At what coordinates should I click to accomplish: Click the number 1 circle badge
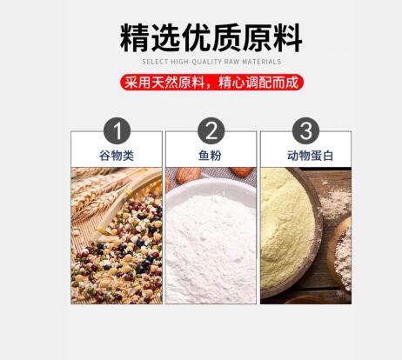coord(117,130)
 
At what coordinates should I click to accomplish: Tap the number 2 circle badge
coord(211,130)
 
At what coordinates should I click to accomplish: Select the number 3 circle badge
coord(305,130)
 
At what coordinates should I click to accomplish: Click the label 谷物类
coord(117,156)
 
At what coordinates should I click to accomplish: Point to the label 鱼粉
coord(210,156)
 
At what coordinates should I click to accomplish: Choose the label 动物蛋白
coord(310,156)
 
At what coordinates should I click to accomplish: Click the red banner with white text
coord(211,83)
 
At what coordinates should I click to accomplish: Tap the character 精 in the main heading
coord(135,38)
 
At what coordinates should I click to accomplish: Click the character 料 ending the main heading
coord(288,38)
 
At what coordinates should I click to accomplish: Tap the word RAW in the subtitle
coord(231,62)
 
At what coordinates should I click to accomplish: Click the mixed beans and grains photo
coord(117,236)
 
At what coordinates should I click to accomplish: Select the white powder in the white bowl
coord(211,246)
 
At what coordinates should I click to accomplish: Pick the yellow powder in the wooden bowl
coord(287,229)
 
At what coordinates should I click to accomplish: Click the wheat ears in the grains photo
coord(96,191)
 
